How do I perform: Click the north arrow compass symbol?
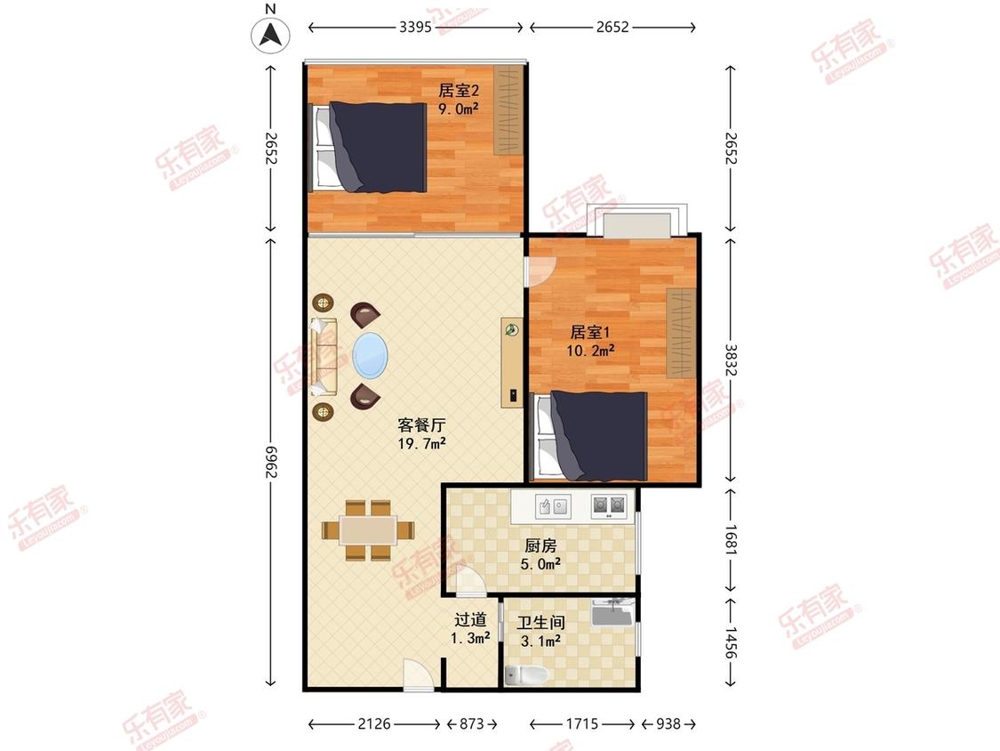tap(270, 35)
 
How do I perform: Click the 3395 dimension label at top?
tap(415, 27)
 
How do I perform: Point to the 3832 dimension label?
tap(731, 360)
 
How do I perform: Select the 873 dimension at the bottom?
tap(471, 723)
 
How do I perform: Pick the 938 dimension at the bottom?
tap(668, 723)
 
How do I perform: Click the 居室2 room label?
tap(459, 91)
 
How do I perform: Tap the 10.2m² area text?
tap(590, 351)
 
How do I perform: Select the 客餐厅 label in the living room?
tap(421, 425)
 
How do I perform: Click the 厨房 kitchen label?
tap(540, 546)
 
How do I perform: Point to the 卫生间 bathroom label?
tap(540, 623)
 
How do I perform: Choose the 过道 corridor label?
tap(470, 619)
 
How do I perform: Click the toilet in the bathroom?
tap(527, 674)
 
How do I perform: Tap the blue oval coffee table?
tap(371, 356)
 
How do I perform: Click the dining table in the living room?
tap(368, 530)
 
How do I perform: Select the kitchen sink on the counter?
tap(552, 506)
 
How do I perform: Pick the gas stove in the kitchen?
tap(608, 505)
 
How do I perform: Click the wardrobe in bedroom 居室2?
tap(508, 109)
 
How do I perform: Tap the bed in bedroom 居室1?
tap(590, 435)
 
